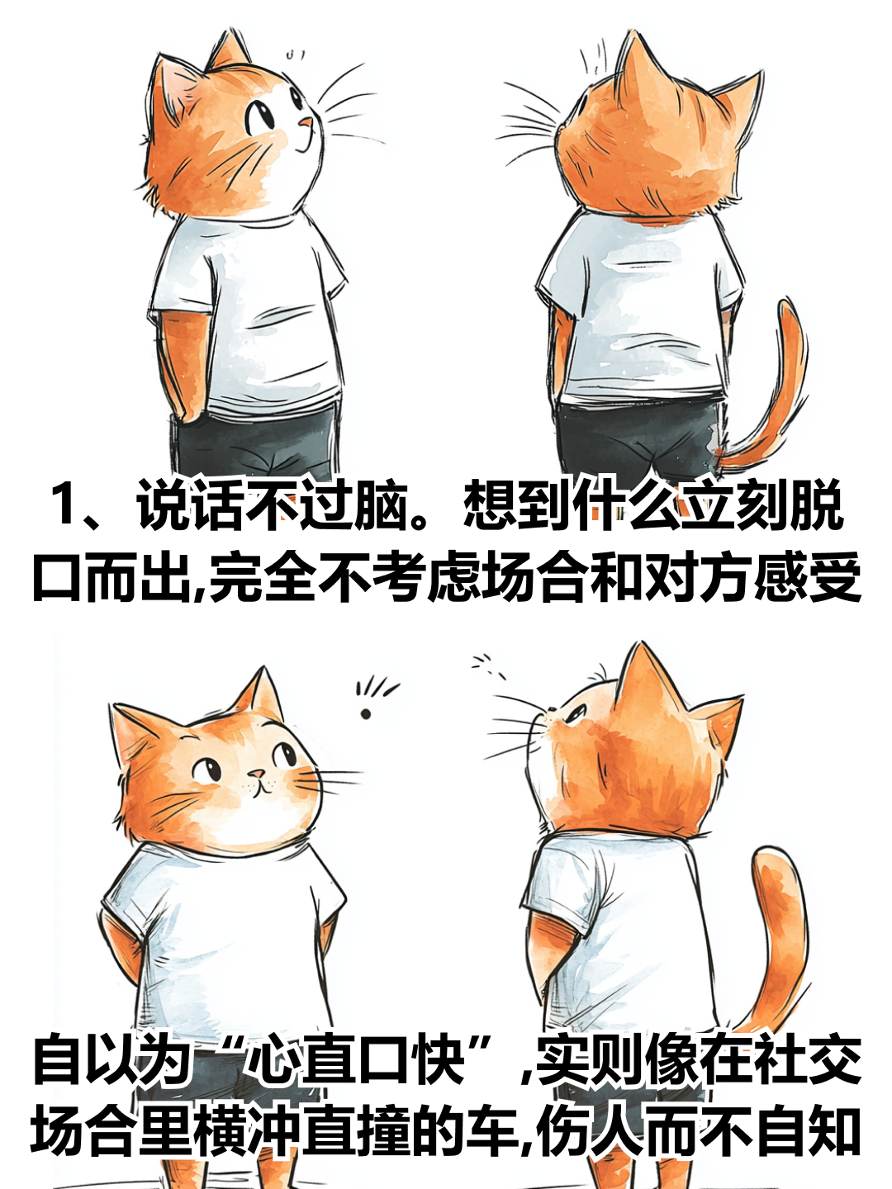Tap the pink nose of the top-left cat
pyautogui.click(x=306, y=122)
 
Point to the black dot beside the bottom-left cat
pyautogui.click(x=366, y=714)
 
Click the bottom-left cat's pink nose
pyautogui.click(x=257, y=774)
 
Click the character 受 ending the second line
pyautogui.click(x=834, y=576)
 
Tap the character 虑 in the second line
pyautogui.click(x=453, y=576)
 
